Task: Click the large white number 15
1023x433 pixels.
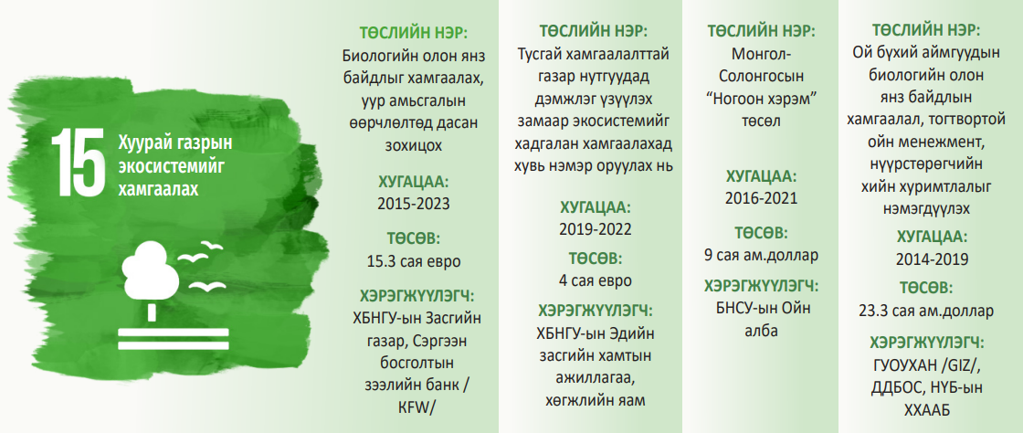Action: coord(78,163)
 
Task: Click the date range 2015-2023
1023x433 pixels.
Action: coord(414,204)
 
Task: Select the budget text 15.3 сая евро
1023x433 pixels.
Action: coord(414,261)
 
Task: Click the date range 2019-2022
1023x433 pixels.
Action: coord(595,229)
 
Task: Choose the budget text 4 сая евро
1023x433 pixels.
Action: coord(595,281)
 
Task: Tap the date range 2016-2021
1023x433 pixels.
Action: coord(761,198)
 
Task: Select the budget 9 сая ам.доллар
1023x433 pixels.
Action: coord(761,255)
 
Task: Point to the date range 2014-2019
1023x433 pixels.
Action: coord(932,259)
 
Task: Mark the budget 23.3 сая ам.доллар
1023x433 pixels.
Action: coord(926,312)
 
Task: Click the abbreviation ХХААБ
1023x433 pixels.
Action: coord(926,409)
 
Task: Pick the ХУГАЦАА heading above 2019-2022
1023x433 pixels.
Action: coord(595,208)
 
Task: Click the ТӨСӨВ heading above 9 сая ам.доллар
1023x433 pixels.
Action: coord(761,234)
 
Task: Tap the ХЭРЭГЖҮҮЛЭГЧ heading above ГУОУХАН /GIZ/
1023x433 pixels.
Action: coord(926,343)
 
